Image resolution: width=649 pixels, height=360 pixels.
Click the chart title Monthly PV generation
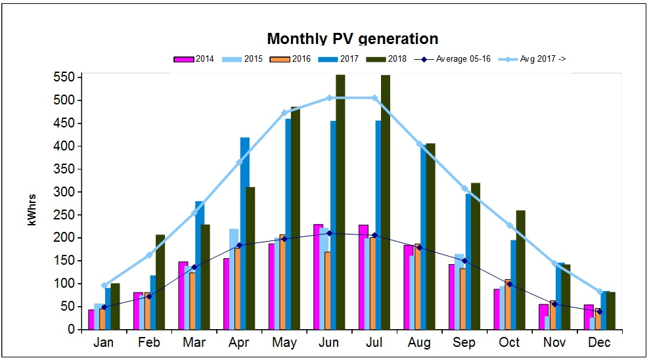point(352,39)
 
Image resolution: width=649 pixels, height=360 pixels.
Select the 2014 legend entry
point(194,59)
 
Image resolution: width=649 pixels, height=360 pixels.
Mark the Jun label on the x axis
point(329,342)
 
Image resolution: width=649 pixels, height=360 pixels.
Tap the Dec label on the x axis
point(599,342)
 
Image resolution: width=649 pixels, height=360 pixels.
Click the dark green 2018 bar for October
point(521,269)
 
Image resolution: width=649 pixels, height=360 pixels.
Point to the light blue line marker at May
point(284,113)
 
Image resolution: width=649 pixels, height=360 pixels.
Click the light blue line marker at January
point(104,285)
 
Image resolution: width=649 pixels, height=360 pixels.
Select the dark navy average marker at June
point(329,233)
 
